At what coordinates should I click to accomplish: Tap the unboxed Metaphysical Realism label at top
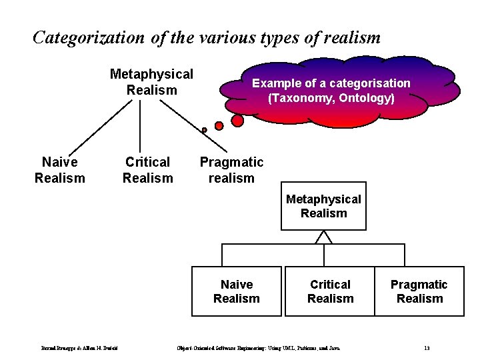[x=151, y=81]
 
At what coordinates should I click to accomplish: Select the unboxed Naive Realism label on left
[x=59, y=169]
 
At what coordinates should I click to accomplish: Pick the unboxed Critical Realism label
[x=147, y=169]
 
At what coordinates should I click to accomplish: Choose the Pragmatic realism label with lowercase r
[x=231, y=169]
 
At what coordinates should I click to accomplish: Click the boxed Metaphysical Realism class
[x=323, y=206]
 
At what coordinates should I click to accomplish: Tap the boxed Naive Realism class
[x=237, y=291]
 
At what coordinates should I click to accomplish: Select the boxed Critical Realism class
[x=330, y=291]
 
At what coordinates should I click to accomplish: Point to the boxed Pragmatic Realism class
[x=419, y=291]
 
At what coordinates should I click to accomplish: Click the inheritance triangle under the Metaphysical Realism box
[x=323, y=237]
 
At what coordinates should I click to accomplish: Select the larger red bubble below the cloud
[x=237, y=121]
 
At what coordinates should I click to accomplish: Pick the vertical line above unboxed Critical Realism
[x=140, y=127]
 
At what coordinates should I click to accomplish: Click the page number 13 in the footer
[x=426, y=348]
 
